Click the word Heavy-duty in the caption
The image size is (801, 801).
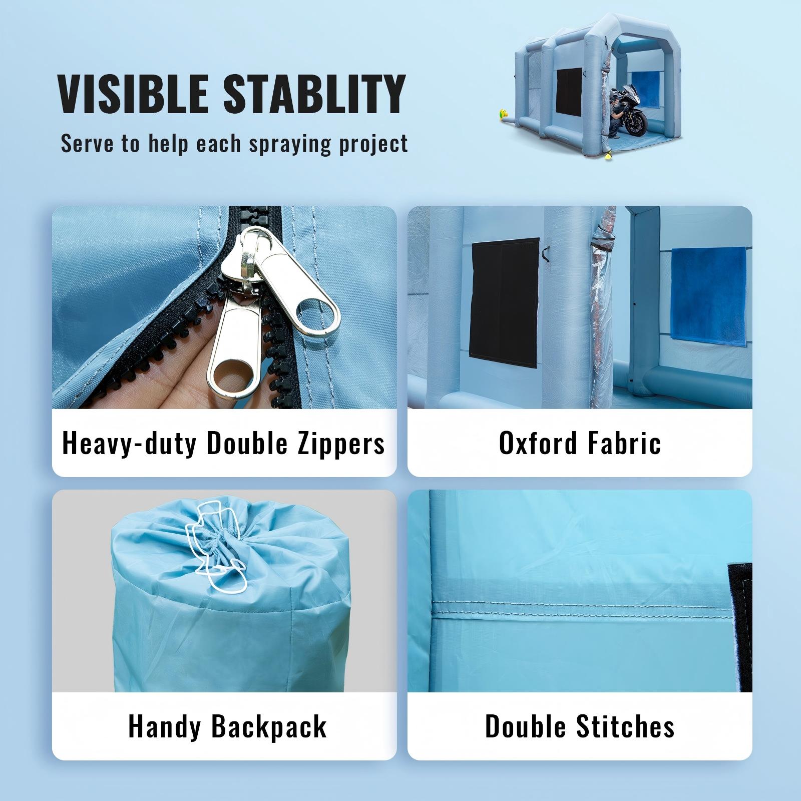coord(129,444)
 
